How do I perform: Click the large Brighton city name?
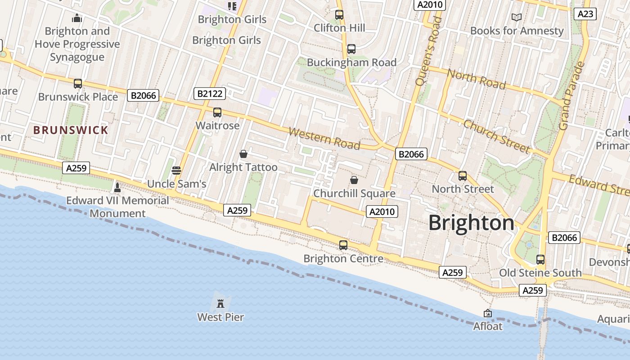tap(471, 223)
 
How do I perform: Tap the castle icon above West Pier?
tap(220, 303)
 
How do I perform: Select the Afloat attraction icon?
tap(487, 313)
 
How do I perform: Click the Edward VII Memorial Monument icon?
tap(117, 187)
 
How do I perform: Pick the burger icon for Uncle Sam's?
tap(176, 170)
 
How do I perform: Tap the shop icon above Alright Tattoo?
tap(243, 154)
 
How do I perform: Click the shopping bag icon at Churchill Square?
tap(354, 180)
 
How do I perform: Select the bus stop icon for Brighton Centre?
tap(343, 245)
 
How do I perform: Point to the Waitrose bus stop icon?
tap(217, 112)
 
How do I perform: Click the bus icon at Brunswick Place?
tap(78, 83)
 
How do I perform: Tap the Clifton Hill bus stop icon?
tap(339, 14)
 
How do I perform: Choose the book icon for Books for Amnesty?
tap(517, 17)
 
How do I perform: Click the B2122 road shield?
tap(209, 94)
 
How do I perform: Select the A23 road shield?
tap(585, 14)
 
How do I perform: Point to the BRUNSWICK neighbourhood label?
tap(71, 130)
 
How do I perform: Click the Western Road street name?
tap(324, 138)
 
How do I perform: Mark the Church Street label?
tap(496, 136)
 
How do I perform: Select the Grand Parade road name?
tap(571, 95)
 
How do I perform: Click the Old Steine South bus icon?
tap(540, 259)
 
